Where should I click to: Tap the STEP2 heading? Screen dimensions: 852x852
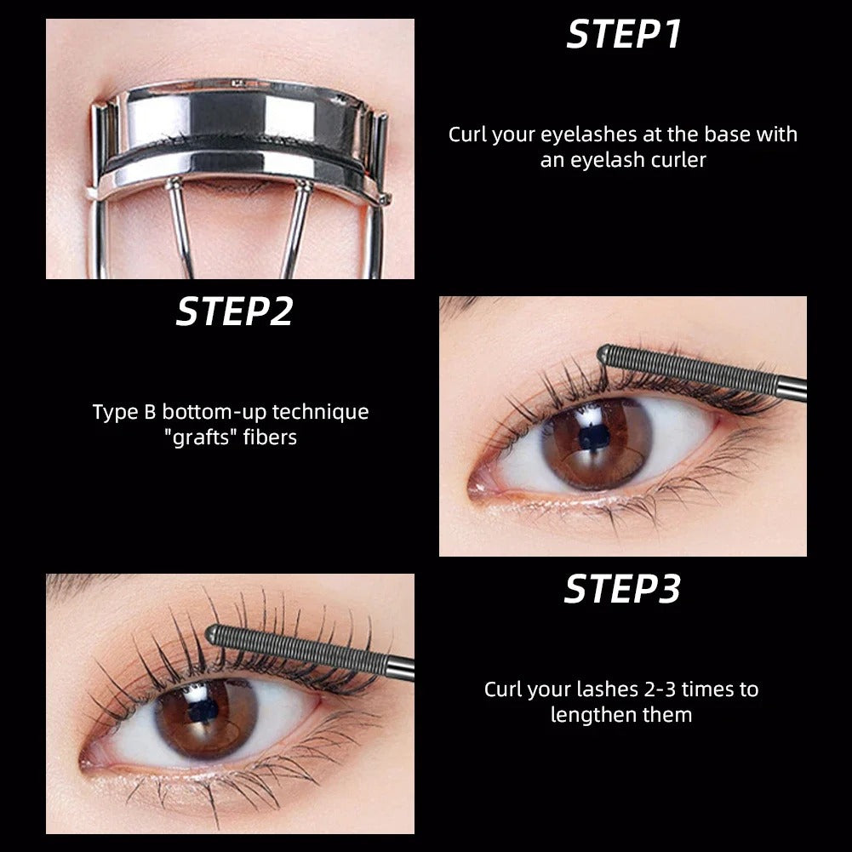[234, 312]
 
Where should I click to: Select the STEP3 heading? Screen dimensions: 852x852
[622, 589]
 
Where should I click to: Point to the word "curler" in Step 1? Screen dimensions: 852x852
[677, 160]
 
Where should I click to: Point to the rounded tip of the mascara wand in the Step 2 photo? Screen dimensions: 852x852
[606, 352]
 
